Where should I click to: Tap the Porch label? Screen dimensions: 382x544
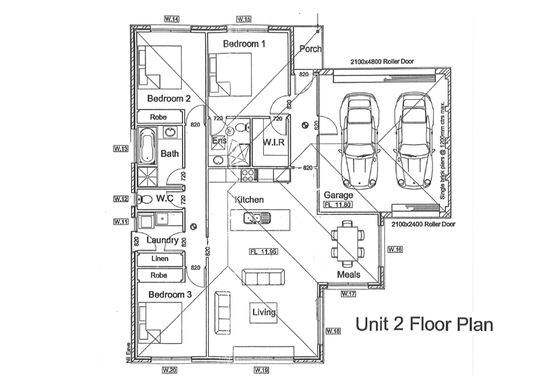[x=310, y=49]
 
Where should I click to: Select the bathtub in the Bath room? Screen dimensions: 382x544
[x=148, y=147]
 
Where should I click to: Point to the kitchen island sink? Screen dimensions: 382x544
[x=258, y=218]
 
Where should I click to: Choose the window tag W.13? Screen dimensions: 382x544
[x=121, y=147]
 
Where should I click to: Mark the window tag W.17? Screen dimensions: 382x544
[x=348, y=294]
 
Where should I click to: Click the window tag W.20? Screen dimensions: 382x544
[x=169, y=370]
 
